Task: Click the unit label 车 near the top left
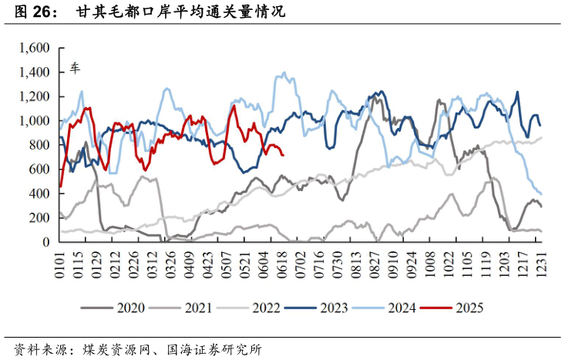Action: (x=76, y=68)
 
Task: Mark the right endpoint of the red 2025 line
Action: (x=284, y=155)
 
